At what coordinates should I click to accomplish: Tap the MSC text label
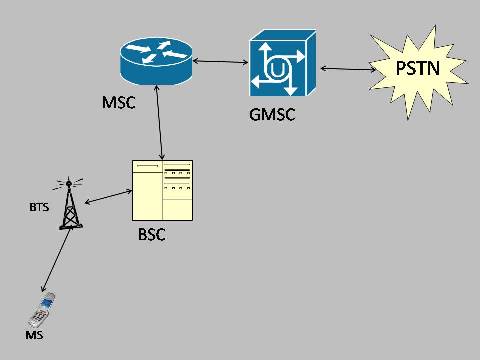pyautogui.click(x=118, y=103)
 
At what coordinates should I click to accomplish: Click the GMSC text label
pyautogui.click(x=273, y=113)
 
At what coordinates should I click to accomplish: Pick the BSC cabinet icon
pyautogui.click(x=163, y=191)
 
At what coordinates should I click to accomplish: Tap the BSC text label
pyautogui.click(x=151, y=236)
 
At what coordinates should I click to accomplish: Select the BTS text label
pyautogui.click(x=37, y=209)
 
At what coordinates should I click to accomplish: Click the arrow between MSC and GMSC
pyautogui.click(x=220, y=63)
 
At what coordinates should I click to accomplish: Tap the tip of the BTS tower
pyautogui.click(x=69, y=183)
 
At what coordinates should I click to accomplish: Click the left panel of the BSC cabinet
pyautogui.click(x=148, y=191)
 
